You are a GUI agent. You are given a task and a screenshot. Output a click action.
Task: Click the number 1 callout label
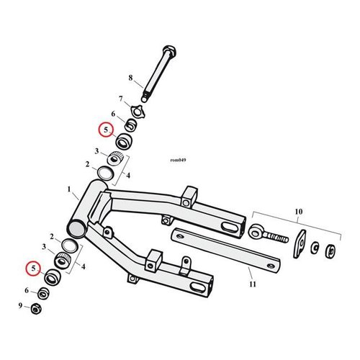click(x=70, y=192)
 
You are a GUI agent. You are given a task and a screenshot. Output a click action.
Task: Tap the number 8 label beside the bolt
click(x=130, y=77)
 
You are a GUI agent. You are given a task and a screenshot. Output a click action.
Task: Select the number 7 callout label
click(x=121, y=99)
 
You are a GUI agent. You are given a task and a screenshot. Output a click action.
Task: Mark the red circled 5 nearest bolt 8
click(x=106, y=130)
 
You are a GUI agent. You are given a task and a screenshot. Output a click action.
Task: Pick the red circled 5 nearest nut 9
click(x=31, y=269)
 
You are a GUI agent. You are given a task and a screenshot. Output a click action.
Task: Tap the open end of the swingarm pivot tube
click(x=76, y=227)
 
